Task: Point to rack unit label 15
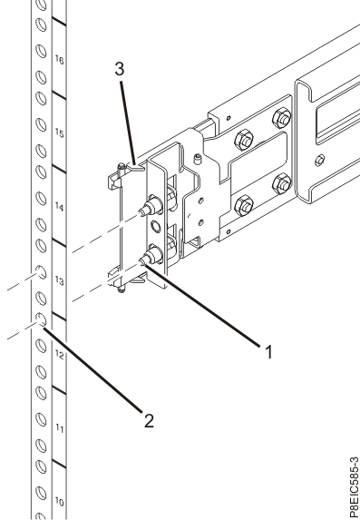click(x=59, y=132)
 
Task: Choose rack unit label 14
click(x=59, y=207)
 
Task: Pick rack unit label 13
click(x=59, y=282)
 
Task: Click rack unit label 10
click(x=59, y=501)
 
